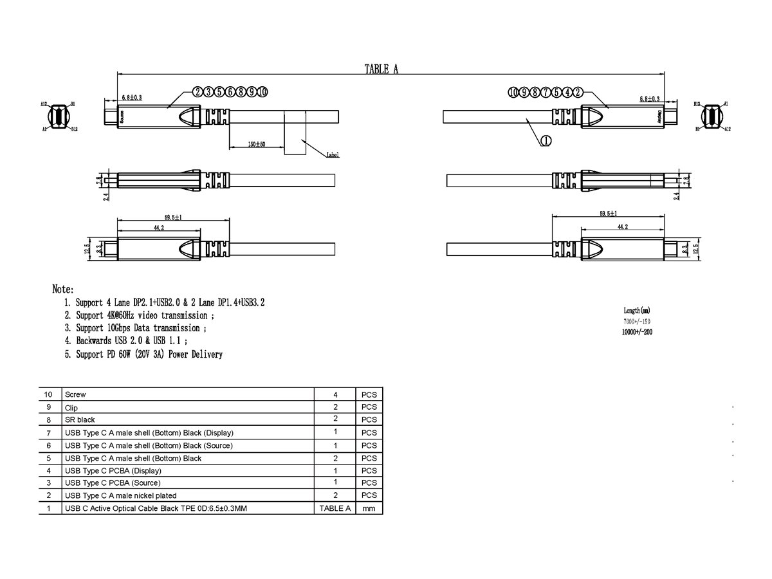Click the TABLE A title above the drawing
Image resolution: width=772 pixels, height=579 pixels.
coord(381,69)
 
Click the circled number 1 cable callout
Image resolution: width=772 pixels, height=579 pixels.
coord(545,142)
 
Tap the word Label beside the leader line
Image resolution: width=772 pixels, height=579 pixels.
coord(333,155)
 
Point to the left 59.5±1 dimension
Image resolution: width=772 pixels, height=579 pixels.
coord(169,217)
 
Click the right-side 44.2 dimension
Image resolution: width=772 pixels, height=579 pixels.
coord(622,227)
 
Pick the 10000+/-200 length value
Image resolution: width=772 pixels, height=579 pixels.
coord(637,333)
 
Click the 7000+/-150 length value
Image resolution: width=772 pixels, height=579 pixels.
coord(637,321)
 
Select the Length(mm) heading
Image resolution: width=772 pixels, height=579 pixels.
coord(637,310)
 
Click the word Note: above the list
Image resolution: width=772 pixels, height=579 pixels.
coord(63,290)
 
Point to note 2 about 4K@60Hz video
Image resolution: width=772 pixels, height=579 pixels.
coord(145,315)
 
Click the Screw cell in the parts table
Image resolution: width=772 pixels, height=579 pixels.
coord(75,394)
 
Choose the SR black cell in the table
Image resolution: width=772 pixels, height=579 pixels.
coord(80,419)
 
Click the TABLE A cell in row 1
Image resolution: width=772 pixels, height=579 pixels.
coord(335,508)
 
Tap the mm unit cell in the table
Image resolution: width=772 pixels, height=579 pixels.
coord(369,508)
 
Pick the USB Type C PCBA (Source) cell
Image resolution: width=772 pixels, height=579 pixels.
coord(113,482)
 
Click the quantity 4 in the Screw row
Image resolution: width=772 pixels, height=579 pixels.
coord(335,394)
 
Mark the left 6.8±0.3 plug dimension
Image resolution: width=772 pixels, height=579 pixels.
coord(131,97)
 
